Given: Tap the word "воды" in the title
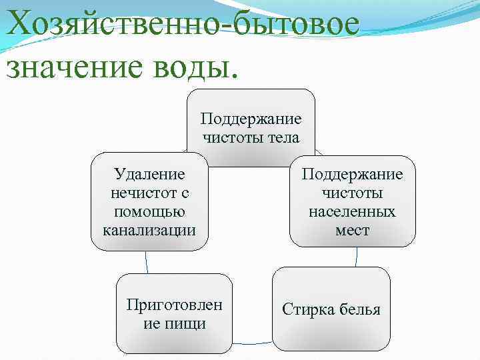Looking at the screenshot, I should click(201, 67).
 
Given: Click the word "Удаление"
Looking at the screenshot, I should click(149, 175).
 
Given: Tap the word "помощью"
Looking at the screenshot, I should click(149, 212).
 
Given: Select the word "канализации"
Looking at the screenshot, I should click(149, 231).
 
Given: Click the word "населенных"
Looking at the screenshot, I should click(352, 212).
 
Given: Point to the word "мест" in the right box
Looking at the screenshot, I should click(352, 231).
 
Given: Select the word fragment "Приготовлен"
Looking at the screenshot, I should click(175, 305).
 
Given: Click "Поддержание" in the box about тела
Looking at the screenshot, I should click(251, 119).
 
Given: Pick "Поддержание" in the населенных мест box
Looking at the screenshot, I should click(352, 175).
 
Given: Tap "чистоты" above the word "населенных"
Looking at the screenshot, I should click(352, 193).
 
